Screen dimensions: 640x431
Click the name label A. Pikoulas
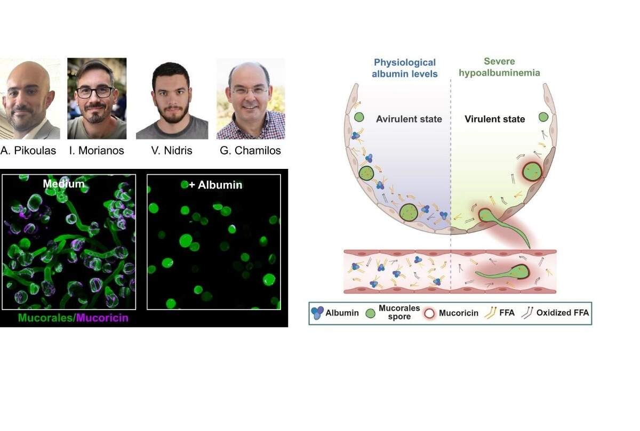tap(28, 150)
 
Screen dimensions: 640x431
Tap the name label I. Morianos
tap(97, 150)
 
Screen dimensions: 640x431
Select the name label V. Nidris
tap(172, 150)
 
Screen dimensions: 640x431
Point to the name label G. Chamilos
tap(250, 150)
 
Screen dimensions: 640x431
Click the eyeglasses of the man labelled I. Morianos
tap(95, 92)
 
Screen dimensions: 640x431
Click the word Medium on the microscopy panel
tap(63, 183)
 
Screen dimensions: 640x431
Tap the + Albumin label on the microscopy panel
tap(215, 185)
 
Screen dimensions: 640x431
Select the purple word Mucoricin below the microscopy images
tap(102, 318)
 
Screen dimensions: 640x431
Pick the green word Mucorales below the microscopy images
tap(46, 318)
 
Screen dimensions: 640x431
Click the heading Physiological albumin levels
tap(405, 68)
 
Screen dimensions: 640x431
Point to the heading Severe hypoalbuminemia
tap(499, 67)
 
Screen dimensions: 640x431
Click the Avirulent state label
tap(409, 119)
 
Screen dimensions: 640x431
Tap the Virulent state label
tap(495, 119)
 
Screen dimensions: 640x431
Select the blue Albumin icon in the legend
tap(317, 313)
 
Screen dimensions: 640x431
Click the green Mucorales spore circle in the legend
tap(370, 313)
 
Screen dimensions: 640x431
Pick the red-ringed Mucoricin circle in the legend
tap(429, 313)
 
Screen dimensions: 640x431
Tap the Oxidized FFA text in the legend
tap(563, 313)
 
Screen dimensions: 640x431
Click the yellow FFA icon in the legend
tap(490, 313)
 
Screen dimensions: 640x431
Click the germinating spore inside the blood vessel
tap(503, 272)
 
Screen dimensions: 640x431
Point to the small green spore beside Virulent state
tap(543, 117)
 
